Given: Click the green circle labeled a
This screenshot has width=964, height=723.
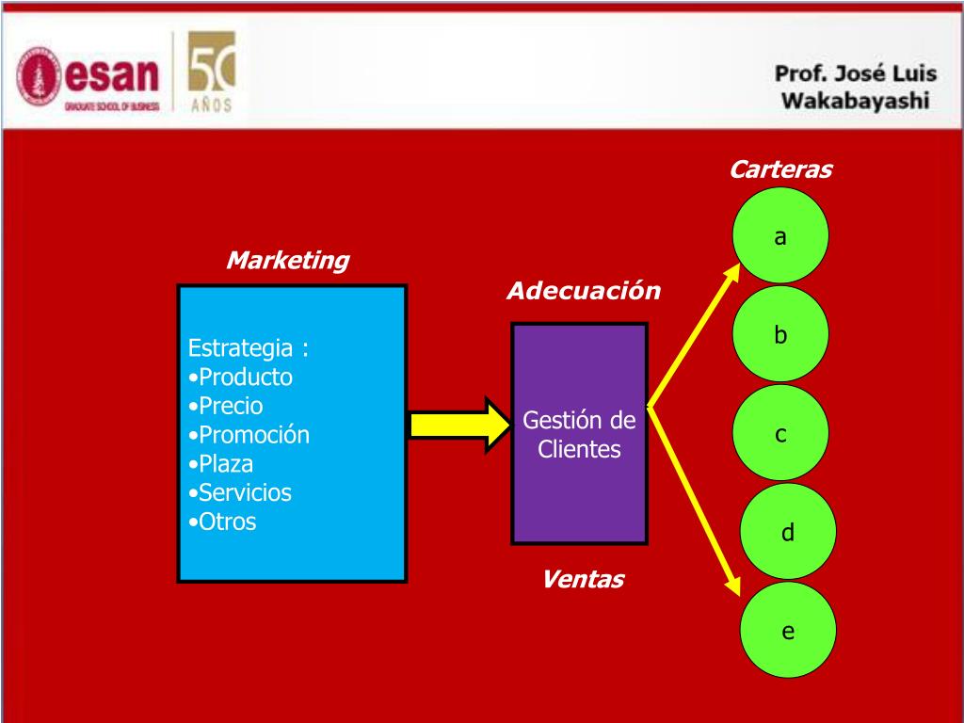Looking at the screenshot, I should (780, 235).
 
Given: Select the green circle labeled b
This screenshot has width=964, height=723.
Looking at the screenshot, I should (780, 334).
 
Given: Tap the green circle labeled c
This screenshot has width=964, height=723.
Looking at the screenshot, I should (780, 434).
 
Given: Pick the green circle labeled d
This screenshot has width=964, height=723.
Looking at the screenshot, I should (788, 532).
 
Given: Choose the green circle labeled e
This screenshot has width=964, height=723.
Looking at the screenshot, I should (788, 630).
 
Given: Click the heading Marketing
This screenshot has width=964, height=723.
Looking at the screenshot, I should (287, 261).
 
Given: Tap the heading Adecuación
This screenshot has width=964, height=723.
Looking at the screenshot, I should (584, 291).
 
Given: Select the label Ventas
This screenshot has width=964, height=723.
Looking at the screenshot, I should (583, 579).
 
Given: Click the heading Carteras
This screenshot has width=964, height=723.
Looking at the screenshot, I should (780, 170).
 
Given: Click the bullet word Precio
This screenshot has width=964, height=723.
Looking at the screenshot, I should (231, 406).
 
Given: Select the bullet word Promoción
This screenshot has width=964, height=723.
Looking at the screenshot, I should (253, 435).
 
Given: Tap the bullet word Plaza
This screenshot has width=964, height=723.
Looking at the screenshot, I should (226, 464).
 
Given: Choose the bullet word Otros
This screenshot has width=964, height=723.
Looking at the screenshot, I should (227, 522).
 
